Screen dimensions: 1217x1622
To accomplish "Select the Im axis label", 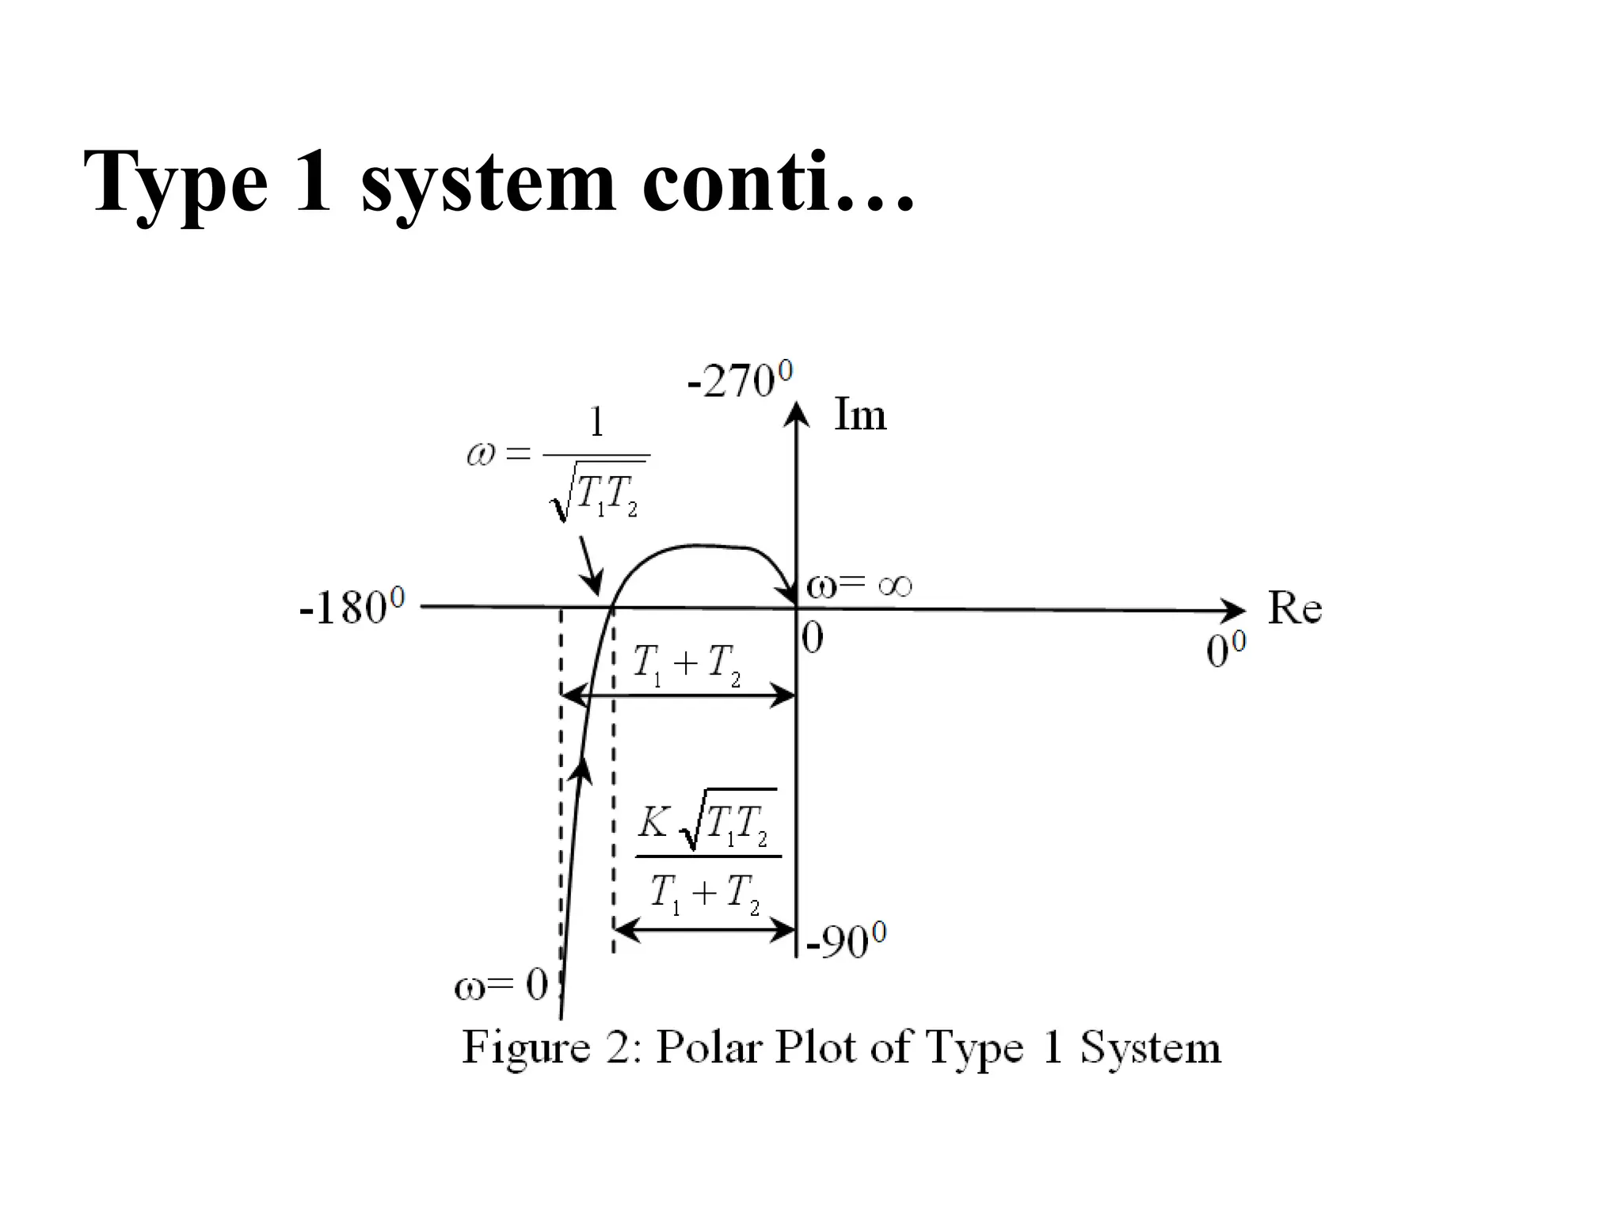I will pos(860,414).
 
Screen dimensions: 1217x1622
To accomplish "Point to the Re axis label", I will pos(1295,608).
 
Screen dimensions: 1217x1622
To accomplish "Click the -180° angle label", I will pos(352,608).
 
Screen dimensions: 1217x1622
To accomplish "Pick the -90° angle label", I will pos(846,941).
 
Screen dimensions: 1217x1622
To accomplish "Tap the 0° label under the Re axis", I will pos(1225,651).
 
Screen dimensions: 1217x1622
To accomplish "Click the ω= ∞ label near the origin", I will pos(859,586).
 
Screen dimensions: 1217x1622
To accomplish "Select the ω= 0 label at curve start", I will pos(501,986).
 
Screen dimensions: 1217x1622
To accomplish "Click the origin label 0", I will pos(813,638).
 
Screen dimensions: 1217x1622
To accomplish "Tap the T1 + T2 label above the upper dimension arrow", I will pos(687,663).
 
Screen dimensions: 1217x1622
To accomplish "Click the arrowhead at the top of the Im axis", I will pos(796,414).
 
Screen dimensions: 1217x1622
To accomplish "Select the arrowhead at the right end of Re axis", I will pos(1234,610).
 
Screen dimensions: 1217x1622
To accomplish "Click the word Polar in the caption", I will pos(710,1047).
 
